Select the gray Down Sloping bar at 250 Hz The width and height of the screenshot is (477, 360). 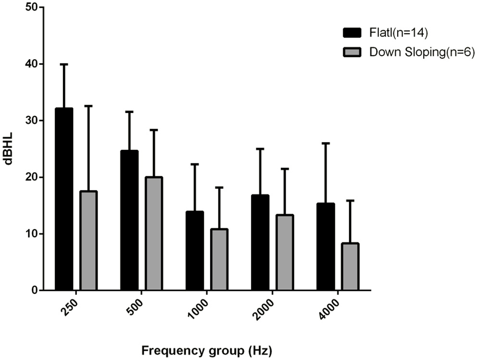tap(88, 240)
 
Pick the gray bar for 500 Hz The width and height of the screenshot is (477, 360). tap(154, 234)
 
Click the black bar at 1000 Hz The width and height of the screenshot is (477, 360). tap(195, 250)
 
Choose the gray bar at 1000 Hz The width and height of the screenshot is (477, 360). tap(219, 260)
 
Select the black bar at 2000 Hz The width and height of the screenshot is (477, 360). tap(260, 243)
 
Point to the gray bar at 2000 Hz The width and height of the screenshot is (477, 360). tap(285, 252)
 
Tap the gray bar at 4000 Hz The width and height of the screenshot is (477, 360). tap(350, 266)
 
